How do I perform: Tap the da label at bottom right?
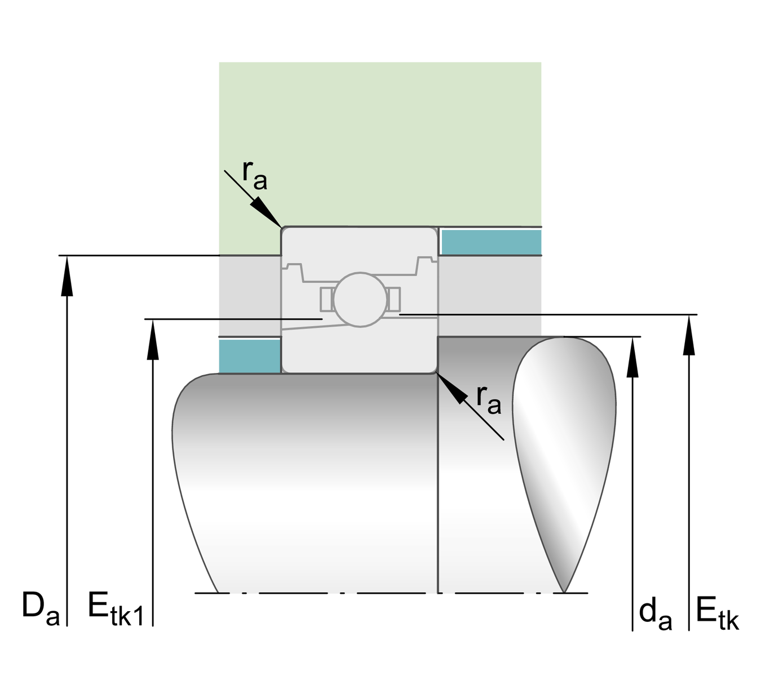click(x=655, y=614)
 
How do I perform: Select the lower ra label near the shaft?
click(x=488, y=399)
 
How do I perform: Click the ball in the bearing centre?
click(x=360, y=299)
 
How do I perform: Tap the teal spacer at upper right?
click(x=490, y=242)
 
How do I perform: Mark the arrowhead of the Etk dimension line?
click(x=689, y=335)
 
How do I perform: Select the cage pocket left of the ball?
click(x=326, y=299)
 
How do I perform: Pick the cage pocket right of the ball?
click(x=393, y=299)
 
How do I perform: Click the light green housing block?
click(x=380, y=141)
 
